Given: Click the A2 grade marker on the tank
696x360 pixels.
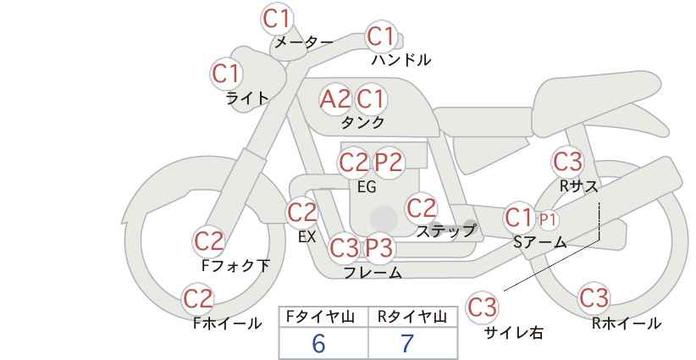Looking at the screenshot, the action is [335, 99].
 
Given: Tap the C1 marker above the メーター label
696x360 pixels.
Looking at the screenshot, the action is [277, 19].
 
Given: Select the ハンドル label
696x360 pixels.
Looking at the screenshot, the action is [401, 59].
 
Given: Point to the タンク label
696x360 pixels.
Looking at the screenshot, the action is [362, 122].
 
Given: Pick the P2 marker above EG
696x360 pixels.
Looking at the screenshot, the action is [389, 163].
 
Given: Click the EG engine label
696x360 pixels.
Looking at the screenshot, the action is [367, 187].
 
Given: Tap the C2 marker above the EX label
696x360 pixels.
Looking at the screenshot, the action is [302, 213].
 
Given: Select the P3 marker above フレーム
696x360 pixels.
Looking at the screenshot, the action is [378, 247].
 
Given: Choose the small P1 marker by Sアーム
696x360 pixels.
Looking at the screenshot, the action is [548, 219].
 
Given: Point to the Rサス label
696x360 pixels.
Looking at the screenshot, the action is [579, 186].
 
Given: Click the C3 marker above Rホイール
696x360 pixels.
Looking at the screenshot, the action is [594, 298].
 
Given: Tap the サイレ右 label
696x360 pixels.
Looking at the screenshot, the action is [514, 333].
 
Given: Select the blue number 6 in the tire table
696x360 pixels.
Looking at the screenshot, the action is [318, 343].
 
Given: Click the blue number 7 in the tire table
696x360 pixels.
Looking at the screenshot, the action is [407, 343].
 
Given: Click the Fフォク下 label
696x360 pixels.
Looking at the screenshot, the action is [235, 265].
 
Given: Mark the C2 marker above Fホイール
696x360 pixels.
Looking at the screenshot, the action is [198, 299].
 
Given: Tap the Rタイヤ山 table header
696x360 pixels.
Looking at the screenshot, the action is [412, 317].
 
